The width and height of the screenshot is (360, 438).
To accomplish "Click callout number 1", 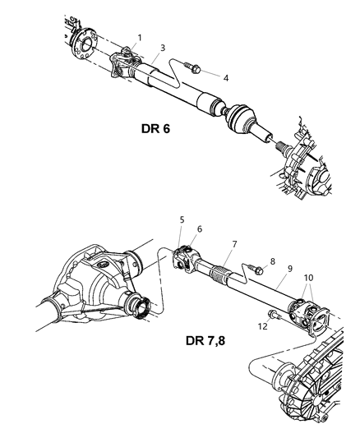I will coord(140,38).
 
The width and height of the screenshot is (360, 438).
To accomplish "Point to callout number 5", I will coord(182,219).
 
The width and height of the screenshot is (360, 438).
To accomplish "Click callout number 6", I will coord(199,229).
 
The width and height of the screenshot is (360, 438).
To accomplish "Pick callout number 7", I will coord(235,244).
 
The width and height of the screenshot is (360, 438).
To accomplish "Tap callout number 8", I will coord(272,260).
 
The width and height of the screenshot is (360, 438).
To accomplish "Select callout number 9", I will coord(289,268).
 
